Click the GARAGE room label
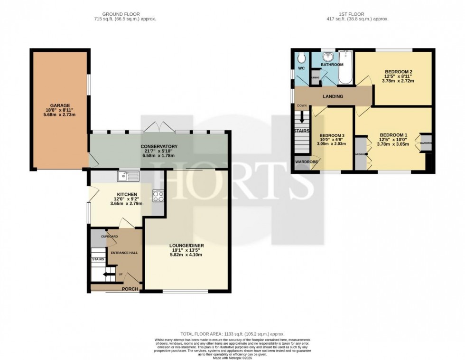point(60,105)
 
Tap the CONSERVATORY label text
point(159,146)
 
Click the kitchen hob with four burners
point(158,196)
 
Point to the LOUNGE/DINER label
point(186,246)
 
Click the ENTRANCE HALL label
point(124,253)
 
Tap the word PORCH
point(130,289)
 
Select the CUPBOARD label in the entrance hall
point(109,237)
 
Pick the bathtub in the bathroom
point(346,67)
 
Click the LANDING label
point(333,97)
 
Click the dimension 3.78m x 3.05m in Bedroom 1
point(392,144)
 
